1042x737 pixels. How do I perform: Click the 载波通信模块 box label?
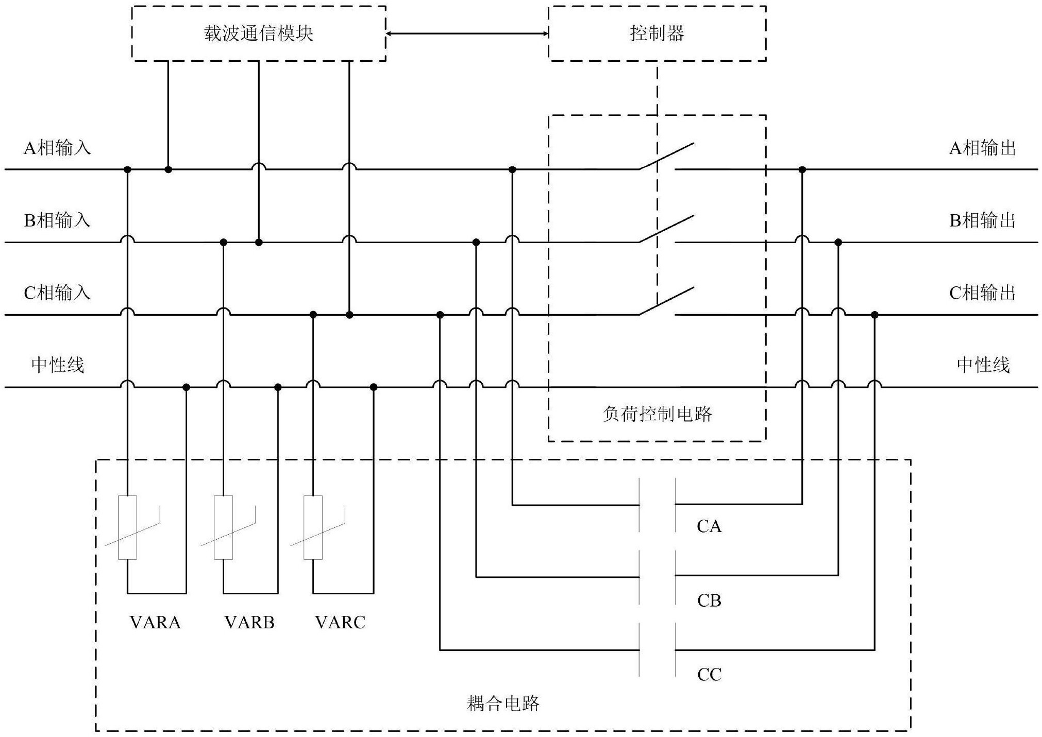point(259,34)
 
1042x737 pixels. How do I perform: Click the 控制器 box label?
point(657,34)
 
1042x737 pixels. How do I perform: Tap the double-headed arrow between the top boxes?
point(467,34)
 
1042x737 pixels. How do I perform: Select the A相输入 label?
point(57,148)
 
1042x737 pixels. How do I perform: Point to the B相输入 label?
point(57,220)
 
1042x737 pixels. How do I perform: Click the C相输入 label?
point(57,293)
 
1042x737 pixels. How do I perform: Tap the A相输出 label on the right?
point(983,148)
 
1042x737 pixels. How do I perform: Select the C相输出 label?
point(983,293)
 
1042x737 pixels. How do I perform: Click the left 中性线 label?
point(57,365)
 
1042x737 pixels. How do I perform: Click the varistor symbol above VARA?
point(128,527)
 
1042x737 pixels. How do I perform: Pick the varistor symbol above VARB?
point(224,527)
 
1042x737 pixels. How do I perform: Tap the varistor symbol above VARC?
point(313,527)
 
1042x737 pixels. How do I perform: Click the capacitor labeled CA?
point(657,505)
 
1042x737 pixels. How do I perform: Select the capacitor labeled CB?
point(657,576)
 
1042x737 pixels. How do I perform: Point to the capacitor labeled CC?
point(657,650)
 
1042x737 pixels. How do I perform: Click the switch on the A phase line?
point(665,157)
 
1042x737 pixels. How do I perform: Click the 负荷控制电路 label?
point(657,414)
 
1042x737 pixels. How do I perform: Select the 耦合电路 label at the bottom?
point(503,704)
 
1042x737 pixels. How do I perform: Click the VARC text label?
point(340,623)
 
